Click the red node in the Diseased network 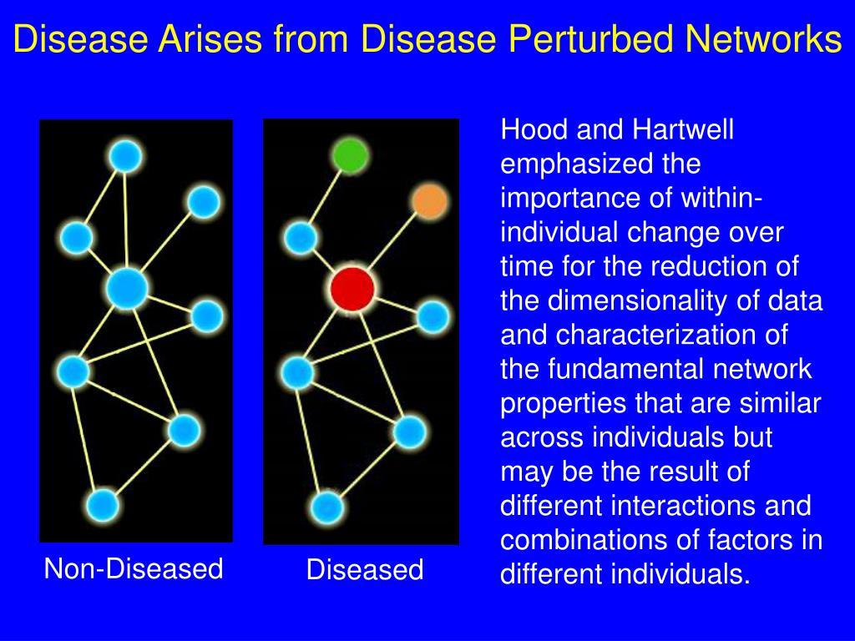(x=352, y=289)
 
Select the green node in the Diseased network (x=350, y=156)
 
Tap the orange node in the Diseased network (x=429, y=202)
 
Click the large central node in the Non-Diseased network (x=127, y=289)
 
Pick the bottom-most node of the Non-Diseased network (x=103, y=505)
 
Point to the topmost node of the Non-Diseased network (x=125, y=156)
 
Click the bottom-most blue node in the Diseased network (x=327, y=507)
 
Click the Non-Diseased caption (x=134, y=569)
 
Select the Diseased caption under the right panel (x=365, y=570)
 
